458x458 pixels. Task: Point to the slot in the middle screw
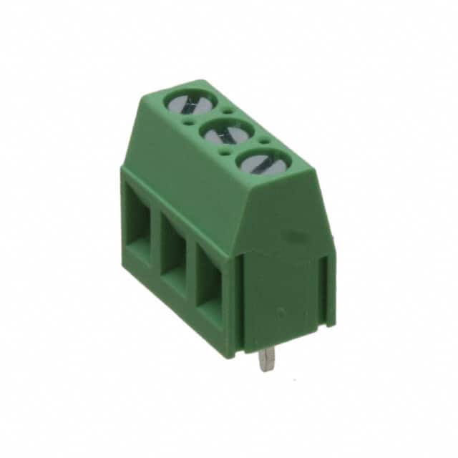pos(228,133)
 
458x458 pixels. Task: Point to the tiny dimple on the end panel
pos(281,311)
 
